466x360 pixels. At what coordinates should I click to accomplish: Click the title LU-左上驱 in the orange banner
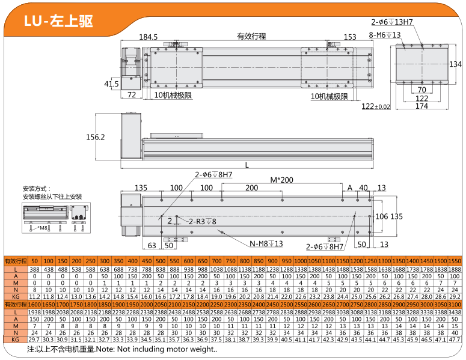pos(58,21)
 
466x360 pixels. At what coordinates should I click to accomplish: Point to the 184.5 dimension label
pos(148,37)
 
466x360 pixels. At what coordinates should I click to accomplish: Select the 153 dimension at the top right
pos(351,37)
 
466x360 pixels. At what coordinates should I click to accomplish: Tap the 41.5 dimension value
pos(111,84)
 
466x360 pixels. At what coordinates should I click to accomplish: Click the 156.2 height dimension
pos(96,137)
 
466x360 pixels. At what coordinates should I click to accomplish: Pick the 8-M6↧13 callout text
pos(385,34)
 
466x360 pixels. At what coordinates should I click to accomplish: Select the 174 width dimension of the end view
pos(422,106)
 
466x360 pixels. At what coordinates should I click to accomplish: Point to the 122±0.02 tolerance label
pos(376,106)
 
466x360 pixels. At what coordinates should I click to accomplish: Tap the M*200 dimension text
pos(281,180)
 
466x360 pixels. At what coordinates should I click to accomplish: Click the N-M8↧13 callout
pos(266,243)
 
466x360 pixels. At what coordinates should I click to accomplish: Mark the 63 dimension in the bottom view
pos(152,245)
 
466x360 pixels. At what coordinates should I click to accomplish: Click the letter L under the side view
pos(247,164)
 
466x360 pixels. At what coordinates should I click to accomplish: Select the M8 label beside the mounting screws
pos(43,228)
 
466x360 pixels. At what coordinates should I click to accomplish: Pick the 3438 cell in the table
pos(455,313)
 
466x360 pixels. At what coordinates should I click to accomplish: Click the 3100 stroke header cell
pos(455,305)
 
